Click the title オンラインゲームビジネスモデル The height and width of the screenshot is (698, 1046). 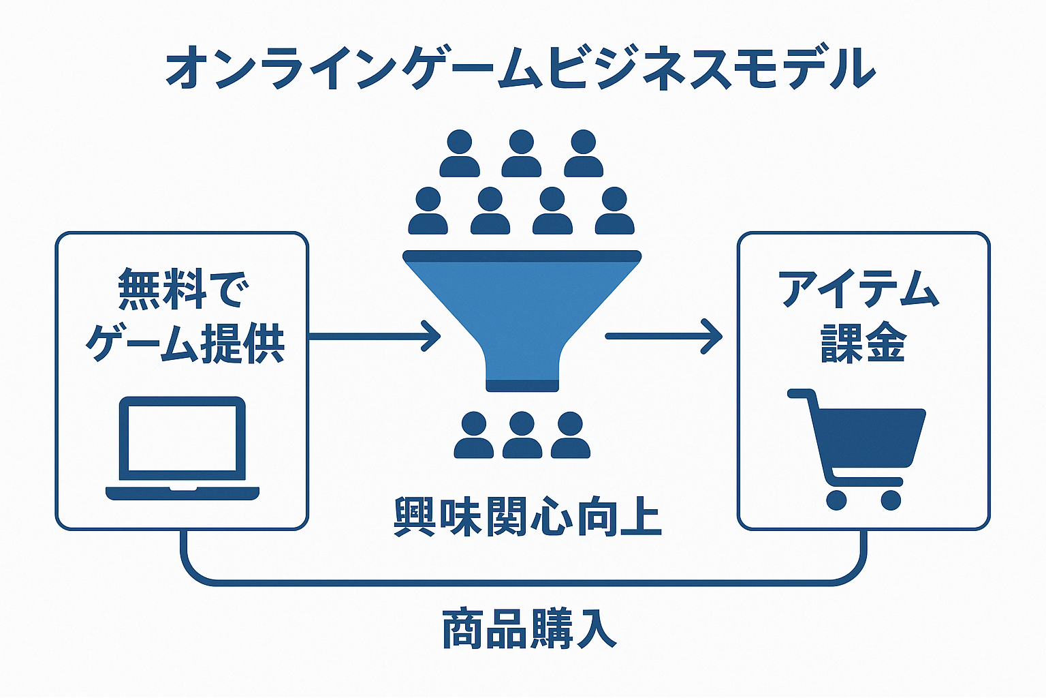point(521,69)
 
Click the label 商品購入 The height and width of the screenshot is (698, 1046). point(529,628)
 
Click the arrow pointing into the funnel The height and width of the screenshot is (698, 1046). point(375,336)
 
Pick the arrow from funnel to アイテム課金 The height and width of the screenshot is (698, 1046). point(663,336)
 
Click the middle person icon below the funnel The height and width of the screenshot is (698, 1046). point(522,435)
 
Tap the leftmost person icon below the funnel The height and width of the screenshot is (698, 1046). point(473,435)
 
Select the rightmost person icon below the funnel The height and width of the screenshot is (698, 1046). point(570,435)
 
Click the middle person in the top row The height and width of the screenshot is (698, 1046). point(521,153)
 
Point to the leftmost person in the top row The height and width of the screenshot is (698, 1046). point(460,153)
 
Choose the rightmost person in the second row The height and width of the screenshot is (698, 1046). point(614,211)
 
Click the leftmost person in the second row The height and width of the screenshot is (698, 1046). point(428,211)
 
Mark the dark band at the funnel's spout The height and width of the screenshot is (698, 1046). point(522,385)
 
